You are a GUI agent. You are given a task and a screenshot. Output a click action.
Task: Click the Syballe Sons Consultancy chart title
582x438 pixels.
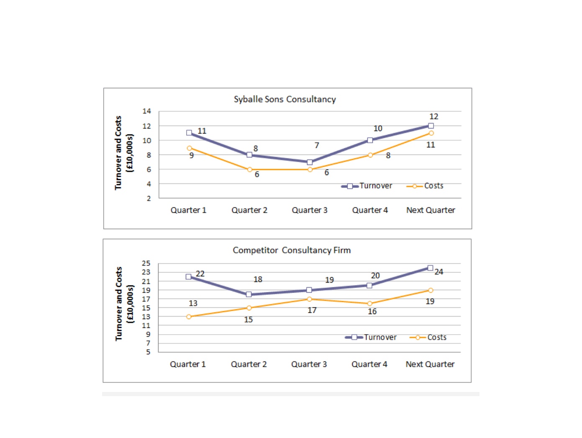tap(285, 99)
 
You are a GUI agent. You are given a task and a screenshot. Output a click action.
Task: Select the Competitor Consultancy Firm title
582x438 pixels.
tap(292, 250)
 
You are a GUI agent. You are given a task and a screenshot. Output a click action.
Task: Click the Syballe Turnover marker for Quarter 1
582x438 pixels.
tap(189, 133)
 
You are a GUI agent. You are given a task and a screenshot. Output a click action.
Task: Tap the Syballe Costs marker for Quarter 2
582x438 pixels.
tap(249, 170)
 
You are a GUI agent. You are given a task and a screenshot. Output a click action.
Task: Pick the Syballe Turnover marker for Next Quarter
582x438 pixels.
tap(431, 126)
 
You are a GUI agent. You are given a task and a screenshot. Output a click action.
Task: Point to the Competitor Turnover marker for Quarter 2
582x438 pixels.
tap(249, 294)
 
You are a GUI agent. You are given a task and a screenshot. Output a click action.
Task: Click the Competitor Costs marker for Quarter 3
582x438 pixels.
tap(309, 299)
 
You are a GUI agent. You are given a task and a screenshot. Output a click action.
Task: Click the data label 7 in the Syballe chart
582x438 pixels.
tap(317, 145)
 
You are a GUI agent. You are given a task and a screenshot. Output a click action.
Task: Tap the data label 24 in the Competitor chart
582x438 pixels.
tap(439, 272)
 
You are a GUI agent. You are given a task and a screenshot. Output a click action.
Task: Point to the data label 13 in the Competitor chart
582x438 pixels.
tap(193, 303)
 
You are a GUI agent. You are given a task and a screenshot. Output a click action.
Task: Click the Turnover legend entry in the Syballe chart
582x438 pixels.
tap(367, 186)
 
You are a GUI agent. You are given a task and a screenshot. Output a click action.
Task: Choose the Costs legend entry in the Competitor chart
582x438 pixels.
tap(428, 337)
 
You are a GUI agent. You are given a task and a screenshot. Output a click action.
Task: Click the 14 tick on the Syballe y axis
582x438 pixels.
tap(146, 111)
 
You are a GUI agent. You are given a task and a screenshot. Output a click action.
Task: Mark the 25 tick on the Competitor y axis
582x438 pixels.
tap(146, 263)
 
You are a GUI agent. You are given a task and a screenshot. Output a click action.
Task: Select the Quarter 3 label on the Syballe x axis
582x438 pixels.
tap(310, 210)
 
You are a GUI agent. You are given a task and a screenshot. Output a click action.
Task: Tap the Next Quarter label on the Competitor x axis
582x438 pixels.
tap(430, 364)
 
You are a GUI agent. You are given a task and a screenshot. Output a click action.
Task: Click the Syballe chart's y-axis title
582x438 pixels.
tap(123, 153)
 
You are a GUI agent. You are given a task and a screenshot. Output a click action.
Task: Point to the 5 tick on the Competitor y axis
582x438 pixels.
tap(148, 352)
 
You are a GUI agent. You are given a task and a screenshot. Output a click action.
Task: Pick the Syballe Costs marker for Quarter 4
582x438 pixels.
tap(370, 155)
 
